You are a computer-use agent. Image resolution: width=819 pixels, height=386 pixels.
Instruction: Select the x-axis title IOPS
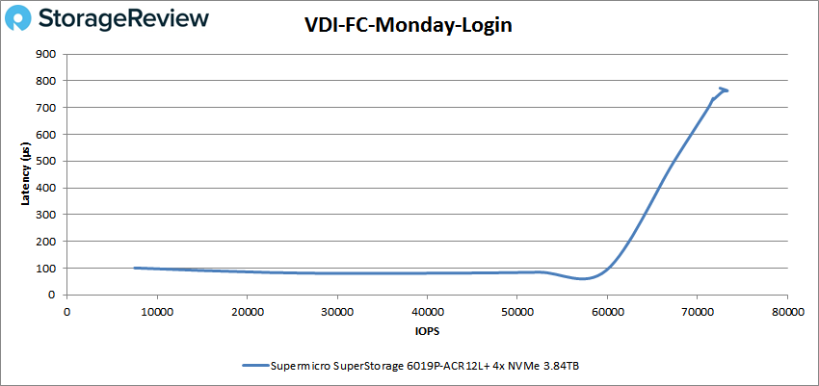coord(427,330)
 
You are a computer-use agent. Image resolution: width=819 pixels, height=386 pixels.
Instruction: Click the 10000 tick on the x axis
coord(157,311)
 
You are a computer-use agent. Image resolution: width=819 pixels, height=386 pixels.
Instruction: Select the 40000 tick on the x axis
coord(428,311)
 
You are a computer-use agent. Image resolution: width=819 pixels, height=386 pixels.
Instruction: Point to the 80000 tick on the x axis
coord(788,311)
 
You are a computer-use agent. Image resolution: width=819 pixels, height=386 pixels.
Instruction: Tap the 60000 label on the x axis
coord(608,311)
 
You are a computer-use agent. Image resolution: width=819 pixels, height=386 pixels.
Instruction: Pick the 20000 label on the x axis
coord(248,311)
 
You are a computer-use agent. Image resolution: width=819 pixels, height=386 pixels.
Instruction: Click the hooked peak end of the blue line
coord(726,90)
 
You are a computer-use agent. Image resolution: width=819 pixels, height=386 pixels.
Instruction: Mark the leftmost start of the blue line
coord(135,269)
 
